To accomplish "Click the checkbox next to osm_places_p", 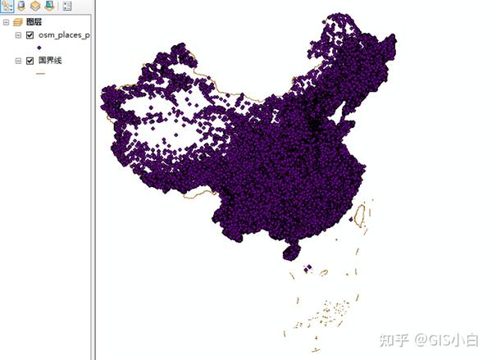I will [x=30, y=35].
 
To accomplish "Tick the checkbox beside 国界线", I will [x=30, y=61].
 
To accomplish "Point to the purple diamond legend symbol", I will [x=39, y=48].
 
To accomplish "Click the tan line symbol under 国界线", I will [x=39, y=73].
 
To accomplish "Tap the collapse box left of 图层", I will [x=6, y=22].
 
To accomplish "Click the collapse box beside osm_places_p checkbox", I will [x=18, y=35].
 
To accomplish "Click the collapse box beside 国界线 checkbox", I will [x=18, y=61].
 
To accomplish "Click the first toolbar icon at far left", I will [x=7, y=6].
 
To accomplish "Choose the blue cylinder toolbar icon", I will [x=21, y=6].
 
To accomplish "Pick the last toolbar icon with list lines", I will [x=66, y=6].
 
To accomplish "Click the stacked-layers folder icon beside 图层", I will [x=17, y=22].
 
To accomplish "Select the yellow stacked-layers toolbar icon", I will [x=35, y=6].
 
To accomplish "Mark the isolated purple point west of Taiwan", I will [x=351, y=219].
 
